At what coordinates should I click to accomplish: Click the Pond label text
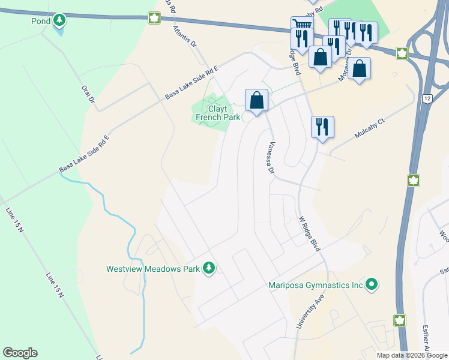click(x=40, y=21)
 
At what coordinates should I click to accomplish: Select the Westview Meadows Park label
click(x=152, y=269)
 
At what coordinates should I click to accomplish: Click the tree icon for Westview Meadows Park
click(x=209, y=268)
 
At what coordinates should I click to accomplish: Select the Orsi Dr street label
click(x=89, y=93)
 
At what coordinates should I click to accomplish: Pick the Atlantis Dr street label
click(x=185, y=36)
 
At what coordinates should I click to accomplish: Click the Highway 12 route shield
click(x=427, y=98)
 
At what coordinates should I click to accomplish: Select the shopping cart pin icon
click(x=302, y=25)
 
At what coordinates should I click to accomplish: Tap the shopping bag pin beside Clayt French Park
click(x=256, y=100)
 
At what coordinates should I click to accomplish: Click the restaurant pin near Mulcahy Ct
click(x=322, y=126)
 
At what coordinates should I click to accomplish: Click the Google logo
click(x=20, y=353)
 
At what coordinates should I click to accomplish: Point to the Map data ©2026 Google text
click(x=411, y=355)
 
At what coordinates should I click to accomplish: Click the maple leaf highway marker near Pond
click(x=154, y=18)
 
